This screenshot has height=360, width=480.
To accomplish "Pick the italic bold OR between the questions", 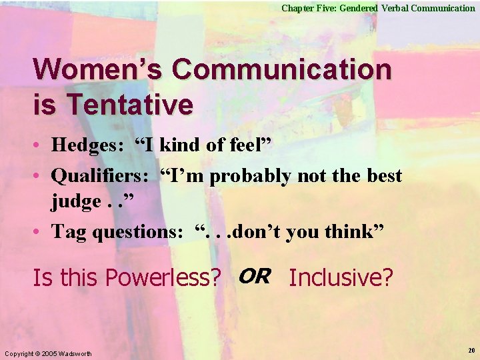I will pos(253,275).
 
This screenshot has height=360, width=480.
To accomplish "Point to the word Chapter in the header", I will pos(298,8).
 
